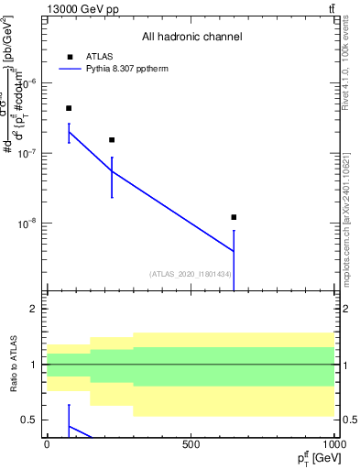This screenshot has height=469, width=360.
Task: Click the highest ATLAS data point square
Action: [x=69, y=108]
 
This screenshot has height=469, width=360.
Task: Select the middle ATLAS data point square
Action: [x=112, y=140]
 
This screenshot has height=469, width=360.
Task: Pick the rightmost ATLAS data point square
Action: [x=234, y=217]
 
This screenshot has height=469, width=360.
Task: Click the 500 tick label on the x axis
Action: [x=191, y=444]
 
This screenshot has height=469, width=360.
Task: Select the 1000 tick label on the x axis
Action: [x=333, y=444]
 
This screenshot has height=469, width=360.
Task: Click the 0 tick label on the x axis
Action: [x=47, y=444]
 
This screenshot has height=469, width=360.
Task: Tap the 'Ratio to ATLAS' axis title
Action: [x=12, y=365]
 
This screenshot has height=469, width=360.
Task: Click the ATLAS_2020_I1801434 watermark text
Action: [x=191, y=274]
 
